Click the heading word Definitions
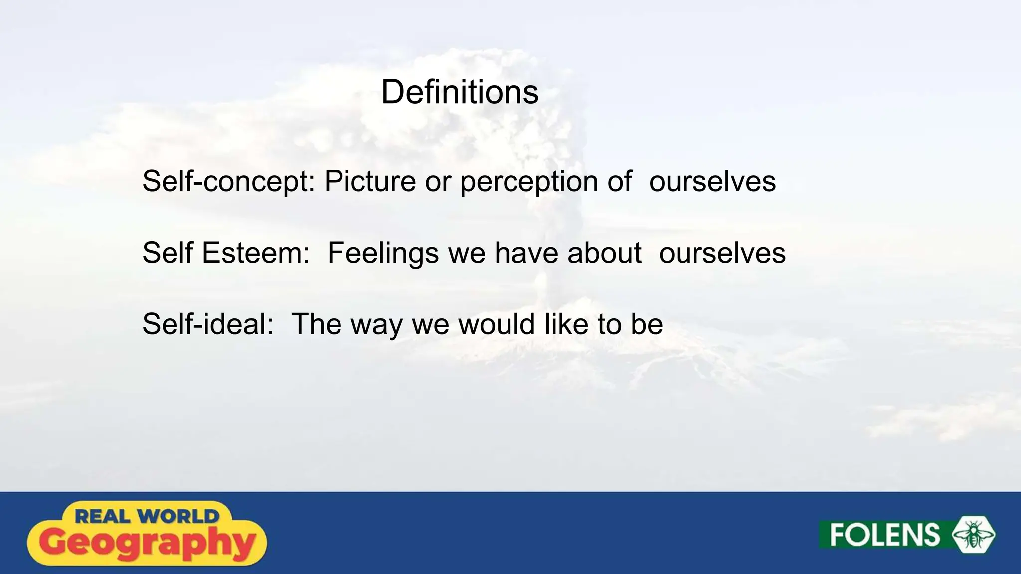(x=460, y=93)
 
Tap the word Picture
(x=370, y=181)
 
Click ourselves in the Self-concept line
(x=712, y=181)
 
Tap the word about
(x=604, y=253)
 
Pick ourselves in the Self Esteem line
(x=722, y=253)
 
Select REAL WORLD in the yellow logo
(x=147, y=516)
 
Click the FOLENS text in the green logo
(x=884, y=535)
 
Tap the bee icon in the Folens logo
(x=973, y=535)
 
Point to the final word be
(x=647, y=324)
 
